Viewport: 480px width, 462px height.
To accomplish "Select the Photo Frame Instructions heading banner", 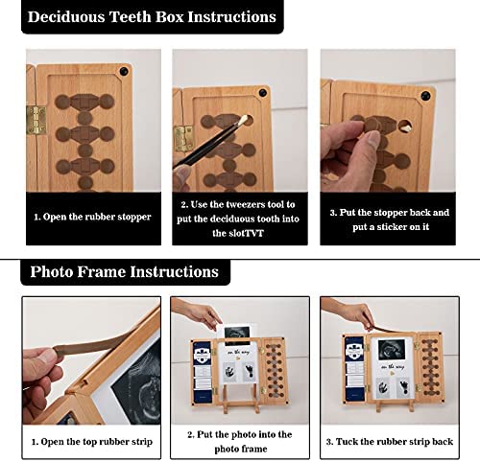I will click(x=123, y=271).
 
